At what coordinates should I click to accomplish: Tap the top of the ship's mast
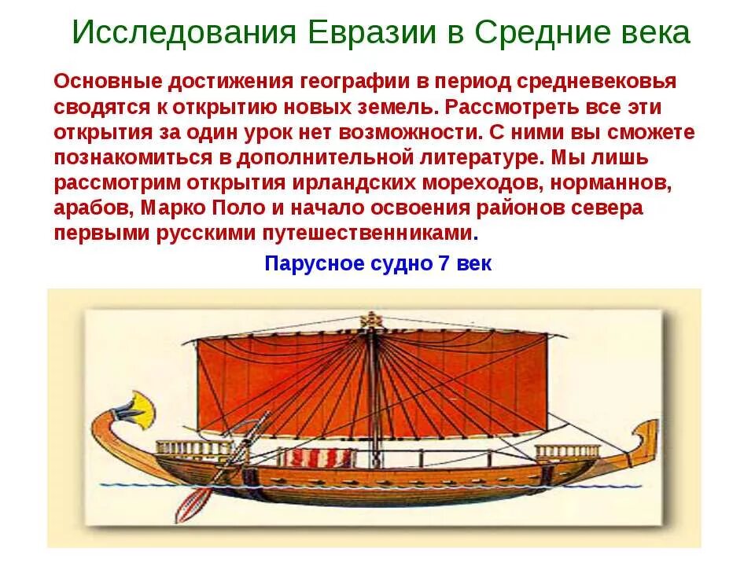(x=368, y=318)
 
